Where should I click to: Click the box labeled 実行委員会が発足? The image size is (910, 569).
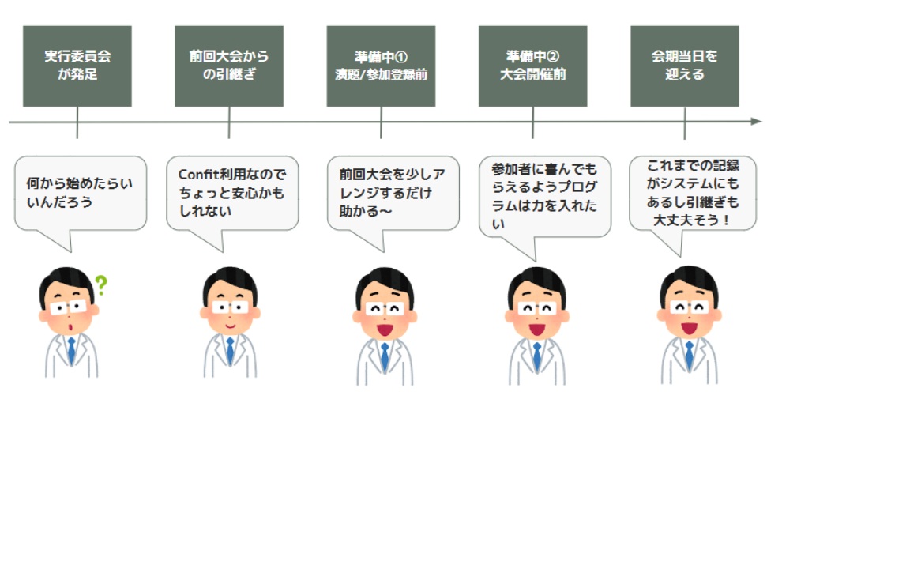[77, 66]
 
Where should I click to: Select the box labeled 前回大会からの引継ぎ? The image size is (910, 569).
[229, 66]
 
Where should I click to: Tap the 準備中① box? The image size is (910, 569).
[381, 66]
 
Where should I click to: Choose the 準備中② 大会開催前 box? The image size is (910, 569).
[532, 66]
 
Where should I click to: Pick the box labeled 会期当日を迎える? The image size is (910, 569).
[685, 66]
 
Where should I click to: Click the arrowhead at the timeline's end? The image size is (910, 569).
[756, 122]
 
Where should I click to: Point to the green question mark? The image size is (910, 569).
[101, 285]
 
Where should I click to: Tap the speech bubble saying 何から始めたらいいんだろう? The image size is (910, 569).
[81, 194]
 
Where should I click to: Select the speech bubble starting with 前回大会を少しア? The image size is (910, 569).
[393, 194]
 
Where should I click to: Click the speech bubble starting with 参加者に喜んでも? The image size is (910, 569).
[545, 197]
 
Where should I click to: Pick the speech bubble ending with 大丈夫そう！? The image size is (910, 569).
[693, 194]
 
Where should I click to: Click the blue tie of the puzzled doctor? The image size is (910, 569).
[71, 351]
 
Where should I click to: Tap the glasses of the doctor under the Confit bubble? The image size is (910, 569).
[230, 307]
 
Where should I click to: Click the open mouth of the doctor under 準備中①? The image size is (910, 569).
[385, 330]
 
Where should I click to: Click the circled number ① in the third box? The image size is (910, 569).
[401, 57]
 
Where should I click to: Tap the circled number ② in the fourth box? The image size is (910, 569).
[553, 56]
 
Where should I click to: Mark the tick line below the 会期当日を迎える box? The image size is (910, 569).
[685, 123]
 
